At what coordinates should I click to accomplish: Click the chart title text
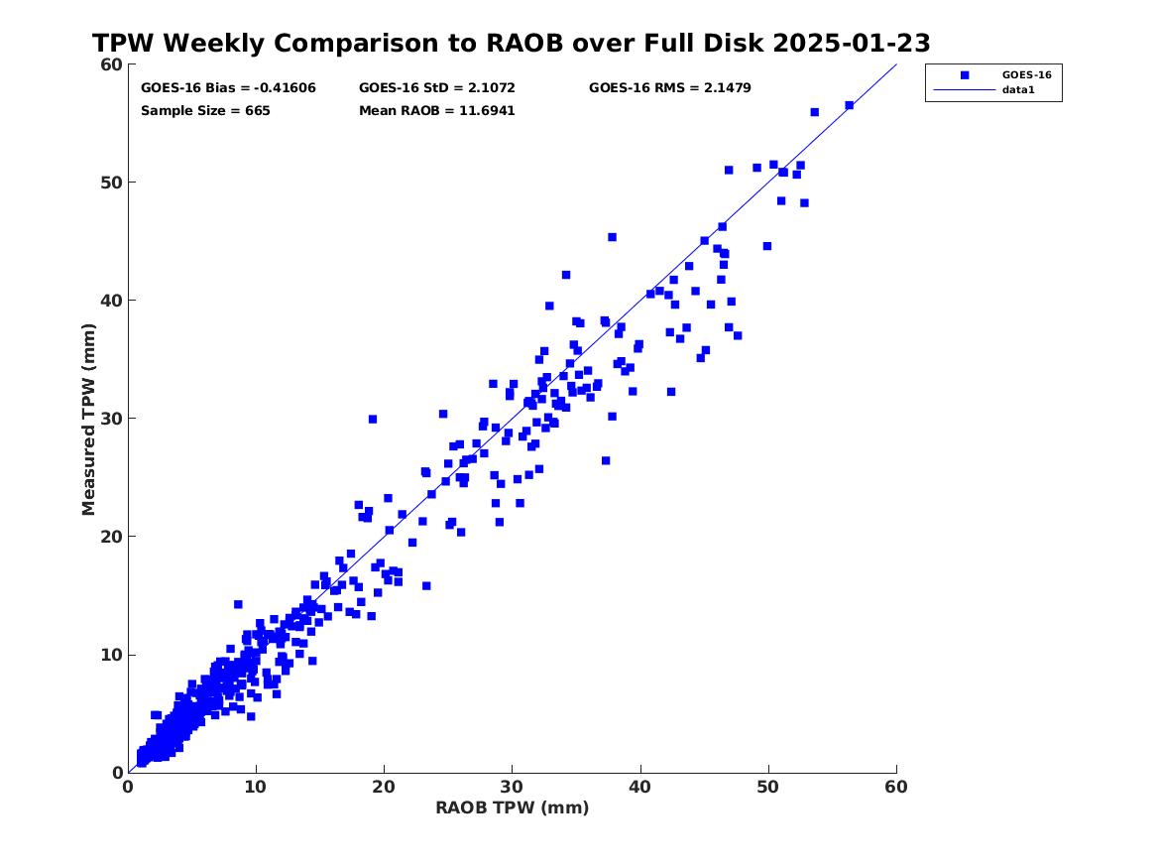click(511, 44)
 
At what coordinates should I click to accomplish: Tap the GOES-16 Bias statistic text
click(228, 87)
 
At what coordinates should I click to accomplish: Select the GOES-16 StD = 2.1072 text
click(436, 87)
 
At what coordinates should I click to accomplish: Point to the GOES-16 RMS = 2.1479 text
click(669, 87)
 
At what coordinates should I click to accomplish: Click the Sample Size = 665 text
click(205, 110)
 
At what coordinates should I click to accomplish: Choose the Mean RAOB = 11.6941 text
click(436, 110)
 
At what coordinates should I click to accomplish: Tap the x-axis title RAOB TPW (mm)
click(512, 807)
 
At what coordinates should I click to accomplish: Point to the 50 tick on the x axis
click(768, 787)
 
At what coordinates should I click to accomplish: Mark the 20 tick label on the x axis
click(384, 787)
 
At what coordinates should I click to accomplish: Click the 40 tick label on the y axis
click(110, 300)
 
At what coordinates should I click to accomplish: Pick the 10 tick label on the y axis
click(110, 655)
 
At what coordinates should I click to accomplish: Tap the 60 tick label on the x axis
click(895, 787)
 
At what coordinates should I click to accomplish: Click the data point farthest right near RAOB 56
click(849, 105)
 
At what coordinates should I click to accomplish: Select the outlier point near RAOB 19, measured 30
click(373, 420)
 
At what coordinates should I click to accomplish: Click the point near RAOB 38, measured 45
click(612, 237)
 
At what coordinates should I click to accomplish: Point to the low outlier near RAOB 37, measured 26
click(606, 460)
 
